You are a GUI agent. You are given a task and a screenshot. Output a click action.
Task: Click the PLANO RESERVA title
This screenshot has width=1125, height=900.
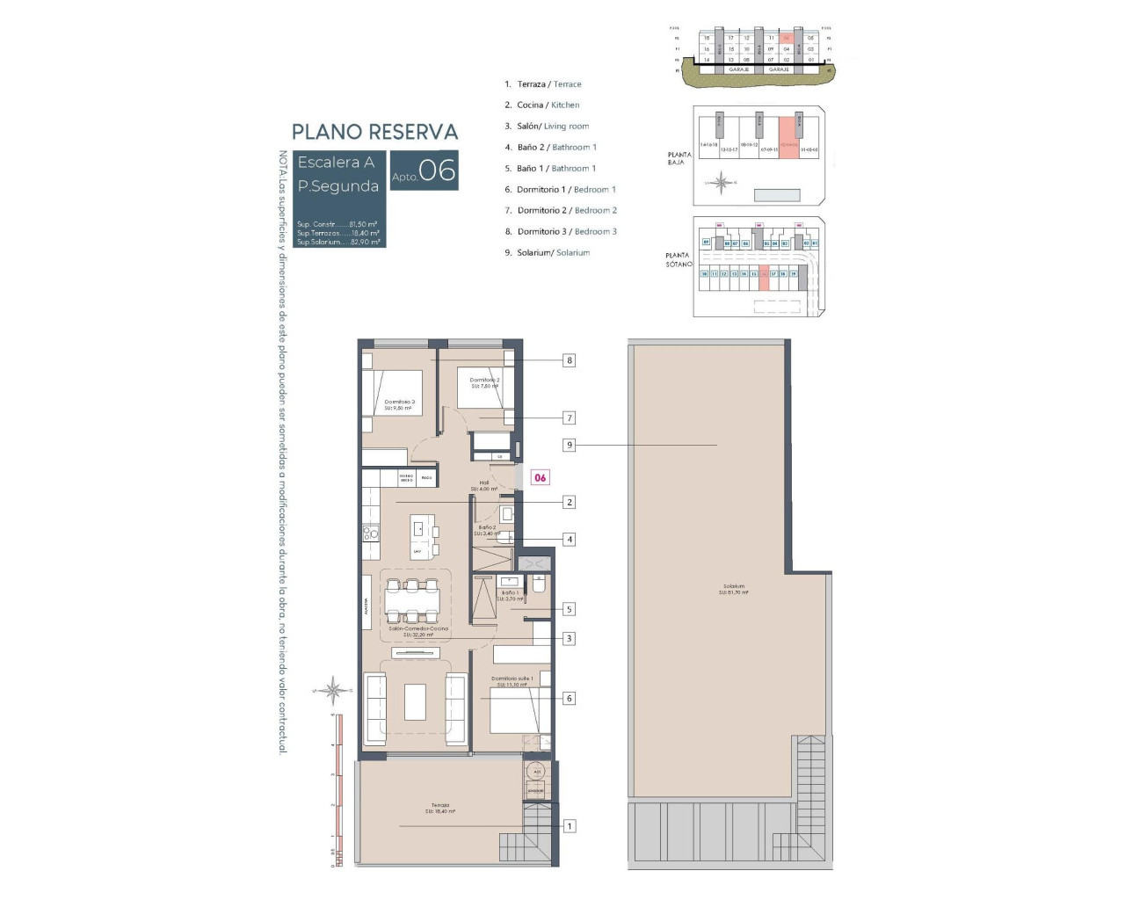(374, 132)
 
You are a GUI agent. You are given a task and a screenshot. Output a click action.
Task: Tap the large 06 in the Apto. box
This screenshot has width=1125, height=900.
(437, 170)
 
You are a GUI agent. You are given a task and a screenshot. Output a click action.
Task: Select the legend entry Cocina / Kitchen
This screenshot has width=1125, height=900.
(547, 105)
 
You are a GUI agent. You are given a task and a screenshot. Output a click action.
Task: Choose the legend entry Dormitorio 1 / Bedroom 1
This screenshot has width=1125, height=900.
(565, 190)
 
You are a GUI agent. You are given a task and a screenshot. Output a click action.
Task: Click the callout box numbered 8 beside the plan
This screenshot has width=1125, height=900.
(570, 360)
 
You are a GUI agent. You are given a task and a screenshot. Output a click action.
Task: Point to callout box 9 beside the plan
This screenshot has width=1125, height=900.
(570, 445)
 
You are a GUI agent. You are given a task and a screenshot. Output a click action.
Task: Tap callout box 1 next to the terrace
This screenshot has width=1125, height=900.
(570, 826)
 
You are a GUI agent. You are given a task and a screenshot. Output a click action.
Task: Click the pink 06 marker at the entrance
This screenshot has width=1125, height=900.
(540, 478)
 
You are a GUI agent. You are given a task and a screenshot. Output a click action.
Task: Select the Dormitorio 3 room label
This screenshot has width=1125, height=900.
(399, 404)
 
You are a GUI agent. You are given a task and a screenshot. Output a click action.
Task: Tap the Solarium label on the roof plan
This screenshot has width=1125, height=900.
(734, 589)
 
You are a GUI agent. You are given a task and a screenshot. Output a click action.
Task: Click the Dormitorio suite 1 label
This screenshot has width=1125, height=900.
(512, 681)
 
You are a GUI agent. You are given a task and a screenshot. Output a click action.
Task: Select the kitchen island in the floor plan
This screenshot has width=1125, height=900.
(422, 537)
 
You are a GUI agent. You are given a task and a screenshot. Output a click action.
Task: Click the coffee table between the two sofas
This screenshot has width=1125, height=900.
(415, 702)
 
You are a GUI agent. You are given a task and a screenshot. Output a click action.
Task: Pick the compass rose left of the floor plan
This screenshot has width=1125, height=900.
(333, 691)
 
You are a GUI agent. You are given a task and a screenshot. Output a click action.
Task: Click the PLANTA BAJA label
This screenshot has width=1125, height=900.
(679, 158)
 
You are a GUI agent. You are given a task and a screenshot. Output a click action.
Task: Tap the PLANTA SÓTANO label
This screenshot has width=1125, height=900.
(678, 259)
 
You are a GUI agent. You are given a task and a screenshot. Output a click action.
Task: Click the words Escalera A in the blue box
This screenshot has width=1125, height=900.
(336, 163)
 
